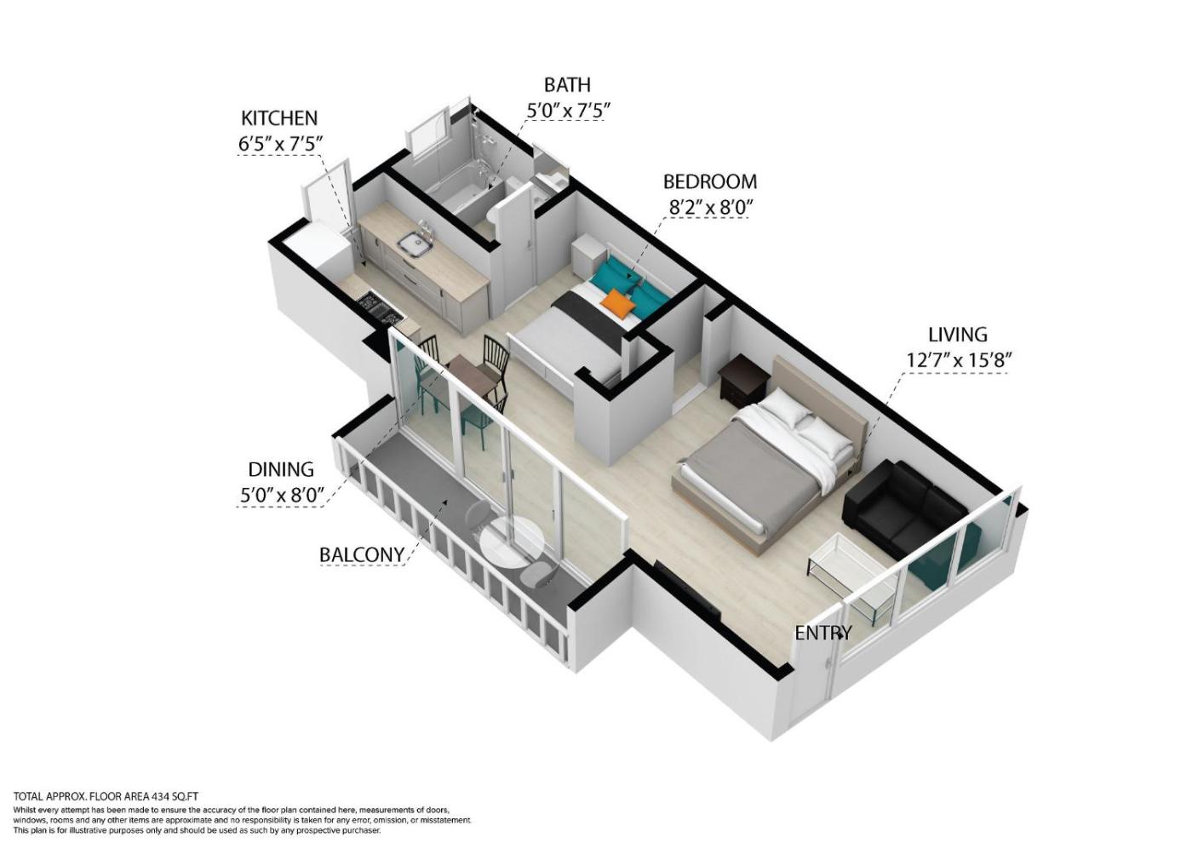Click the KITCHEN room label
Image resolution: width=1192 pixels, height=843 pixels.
[x=279, y=118]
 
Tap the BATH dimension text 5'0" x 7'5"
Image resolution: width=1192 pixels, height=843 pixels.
[x=567, y=111]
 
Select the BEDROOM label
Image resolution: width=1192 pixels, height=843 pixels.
[x=710, y=182]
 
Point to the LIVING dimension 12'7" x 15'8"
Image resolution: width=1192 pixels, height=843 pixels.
[x=958, y=360]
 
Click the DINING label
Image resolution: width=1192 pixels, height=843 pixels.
[x=281, y=469]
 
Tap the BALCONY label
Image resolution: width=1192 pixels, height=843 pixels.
[x=361, y=554]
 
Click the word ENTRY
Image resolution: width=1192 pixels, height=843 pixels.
[x=823, y=633]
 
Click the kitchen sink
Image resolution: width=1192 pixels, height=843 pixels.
[x=413, y=245]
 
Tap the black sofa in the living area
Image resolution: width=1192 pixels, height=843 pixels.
[x=904, y=508]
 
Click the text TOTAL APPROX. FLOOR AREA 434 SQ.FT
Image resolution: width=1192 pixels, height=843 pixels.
[x=106, y=797]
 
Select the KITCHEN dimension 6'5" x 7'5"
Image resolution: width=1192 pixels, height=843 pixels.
[x=281, y=144]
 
